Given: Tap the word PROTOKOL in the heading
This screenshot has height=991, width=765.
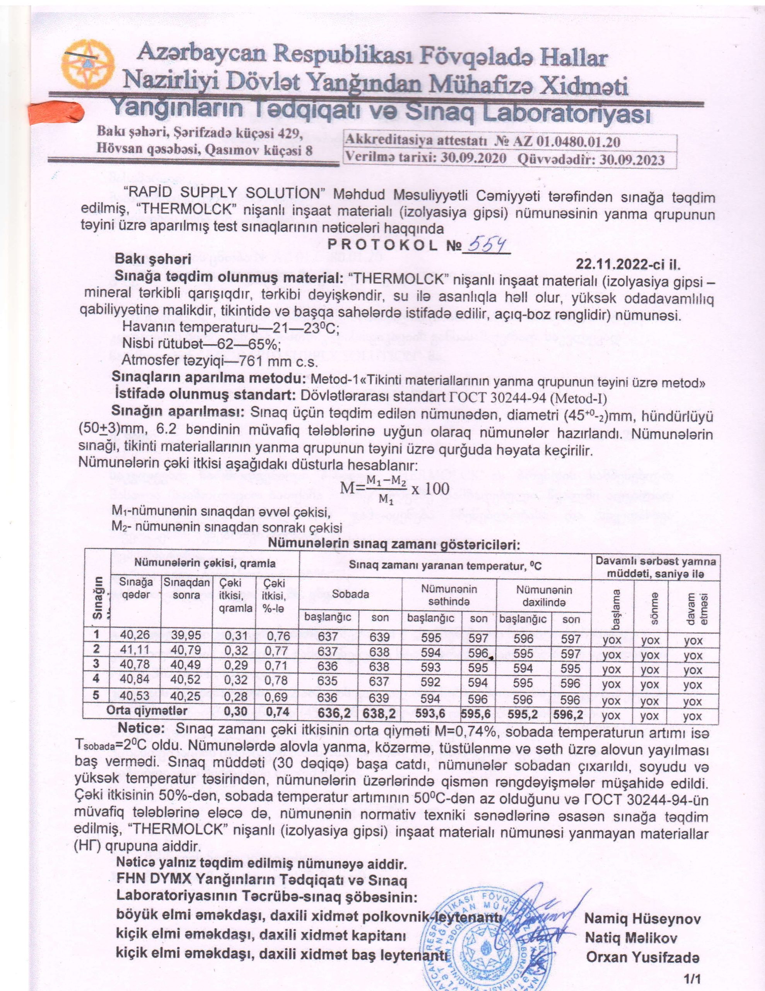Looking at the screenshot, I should click(383, 246).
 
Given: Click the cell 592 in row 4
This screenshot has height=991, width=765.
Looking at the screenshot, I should click(430, 682).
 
